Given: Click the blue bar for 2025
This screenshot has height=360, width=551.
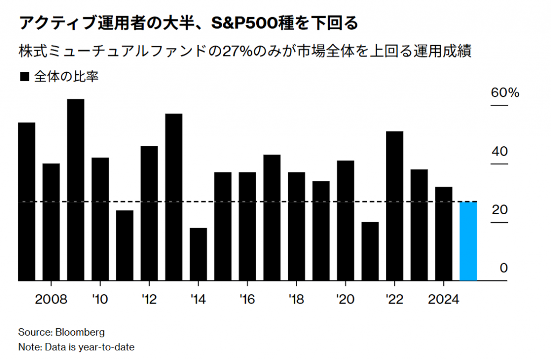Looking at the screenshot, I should click(468, 241).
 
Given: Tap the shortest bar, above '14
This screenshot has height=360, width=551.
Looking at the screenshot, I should click(198, 254).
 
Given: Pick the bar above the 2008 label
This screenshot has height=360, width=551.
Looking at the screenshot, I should click(51, 222).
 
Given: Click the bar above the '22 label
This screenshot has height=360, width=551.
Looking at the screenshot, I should click(394, 206).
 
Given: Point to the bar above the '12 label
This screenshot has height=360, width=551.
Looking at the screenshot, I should click(149, 213).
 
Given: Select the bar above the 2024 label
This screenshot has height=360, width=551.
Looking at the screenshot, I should click(443, 234).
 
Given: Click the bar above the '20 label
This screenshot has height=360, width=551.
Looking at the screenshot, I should click(345, 221).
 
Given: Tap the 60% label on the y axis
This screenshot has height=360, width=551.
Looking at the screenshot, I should click(505, 93).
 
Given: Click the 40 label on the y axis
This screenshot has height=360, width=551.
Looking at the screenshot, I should click(500, 152).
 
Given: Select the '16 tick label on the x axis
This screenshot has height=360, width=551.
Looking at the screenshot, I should click(247, 299).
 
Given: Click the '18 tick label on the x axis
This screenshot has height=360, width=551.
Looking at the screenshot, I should click(296, 299).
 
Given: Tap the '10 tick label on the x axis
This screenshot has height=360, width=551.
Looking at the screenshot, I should click(100, 299).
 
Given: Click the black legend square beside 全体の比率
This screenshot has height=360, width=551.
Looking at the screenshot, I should click(24, 77).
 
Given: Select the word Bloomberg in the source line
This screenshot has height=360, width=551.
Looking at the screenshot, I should click(80, 331).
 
